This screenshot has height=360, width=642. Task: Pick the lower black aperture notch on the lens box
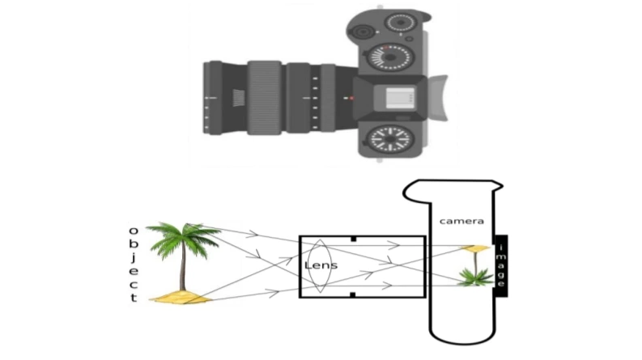pos(354,294)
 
